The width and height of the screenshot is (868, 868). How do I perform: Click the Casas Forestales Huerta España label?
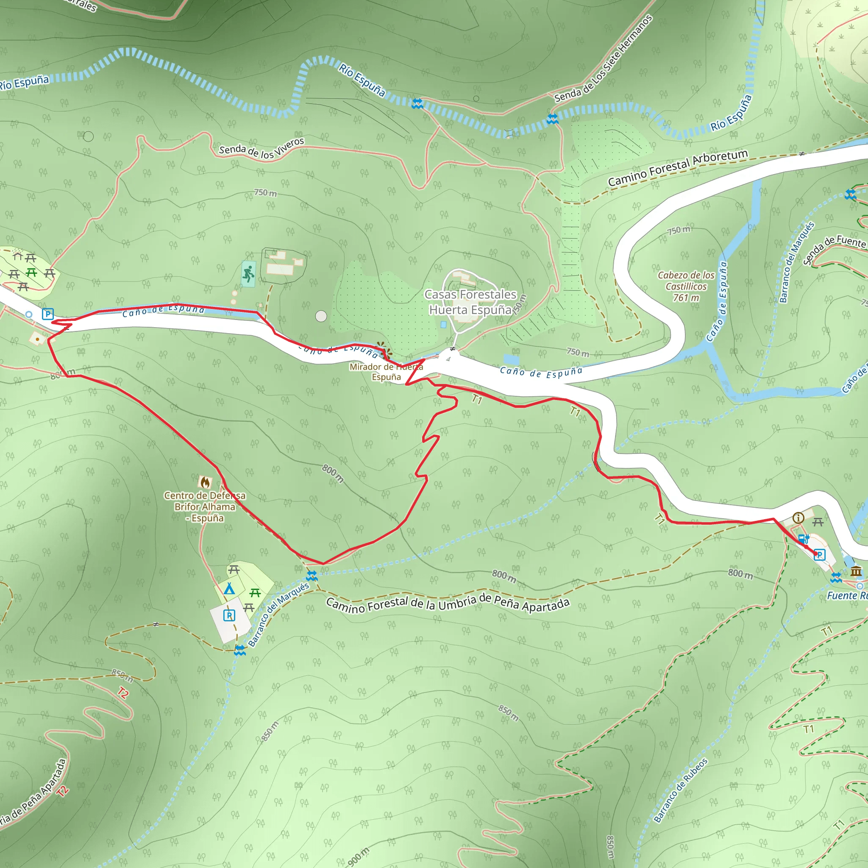(x=470, y=302)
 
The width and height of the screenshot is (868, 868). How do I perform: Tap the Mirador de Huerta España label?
(x=386, y=372)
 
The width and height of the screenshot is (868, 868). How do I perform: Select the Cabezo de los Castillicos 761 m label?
(x=686, y=286)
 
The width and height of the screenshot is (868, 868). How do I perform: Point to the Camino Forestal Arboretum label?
(x=678, y=167)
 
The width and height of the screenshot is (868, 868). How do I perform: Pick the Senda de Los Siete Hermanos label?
(x=603, y=59)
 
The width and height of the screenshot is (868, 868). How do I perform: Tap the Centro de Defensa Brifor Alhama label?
(x=205, y=507)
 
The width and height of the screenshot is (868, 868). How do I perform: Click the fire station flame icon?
(x=205, y=482)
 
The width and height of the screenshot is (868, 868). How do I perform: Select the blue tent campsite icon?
(x=229, y=589)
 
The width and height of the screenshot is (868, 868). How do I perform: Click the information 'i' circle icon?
(x=798, y=518)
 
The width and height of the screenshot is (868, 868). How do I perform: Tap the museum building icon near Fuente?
(x=856, y=571)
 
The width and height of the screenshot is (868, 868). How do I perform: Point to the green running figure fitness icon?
(x=248, y=274)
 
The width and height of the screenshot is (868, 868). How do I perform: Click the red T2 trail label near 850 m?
(x=122, y=693)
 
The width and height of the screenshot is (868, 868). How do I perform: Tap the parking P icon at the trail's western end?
(x=47, y=314)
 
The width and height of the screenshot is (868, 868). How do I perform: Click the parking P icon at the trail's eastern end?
(x=820, y=555)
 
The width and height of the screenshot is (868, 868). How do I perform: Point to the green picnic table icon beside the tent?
(x=255, y=593)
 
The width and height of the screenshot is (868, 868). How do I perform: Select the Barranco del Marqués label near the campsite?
(x=278, y=615)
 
